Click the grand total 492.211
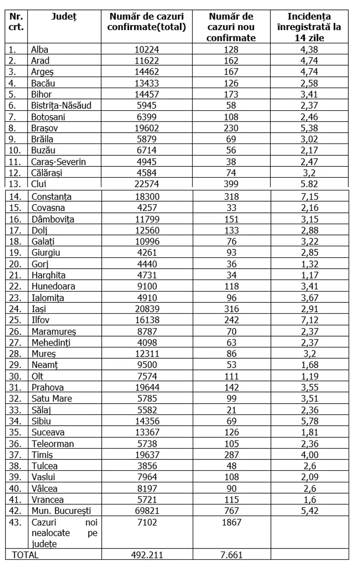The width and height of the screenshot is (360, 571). pyautogui.click(x=147, y=555)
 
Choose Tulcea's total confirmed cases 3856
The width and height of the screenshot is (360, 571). pyautogui.click(x=147, y=465)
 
